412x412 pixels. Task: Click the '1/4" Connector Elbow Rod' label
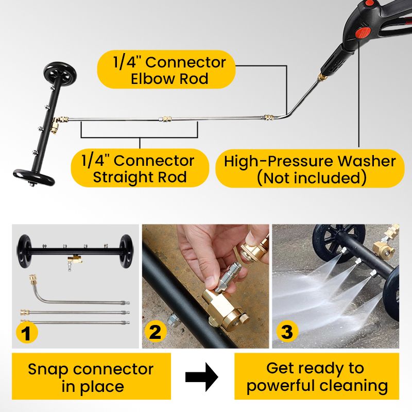(166, 71)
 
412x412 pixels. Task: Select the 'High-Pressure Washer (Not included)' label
(310, 169)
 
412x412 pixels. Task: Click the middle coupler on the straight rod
(164, 119)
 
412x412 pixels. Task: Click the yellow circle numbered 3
(287, 333)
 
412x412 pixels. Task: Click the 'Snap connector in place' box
(91, 377)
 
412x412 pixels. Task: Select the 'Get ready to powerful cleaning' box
(316, 377)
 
